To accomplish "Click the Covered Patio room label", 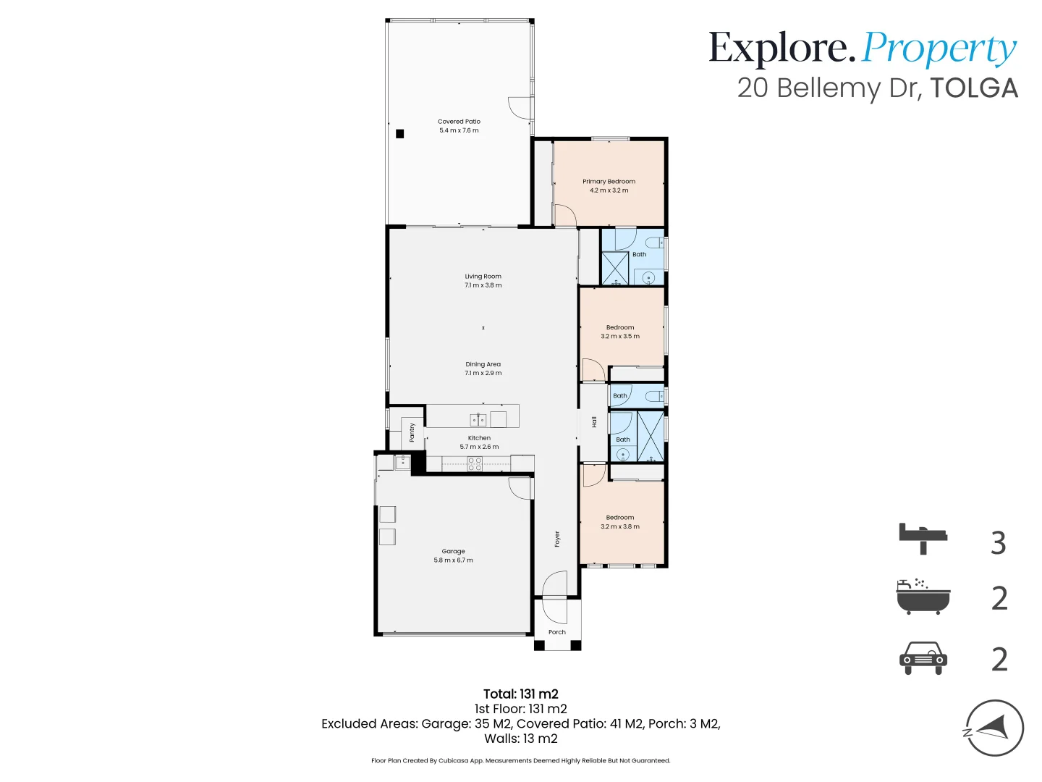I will click(x=459, y=122).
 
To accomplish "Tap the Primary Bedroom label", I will click(x=609, y=182).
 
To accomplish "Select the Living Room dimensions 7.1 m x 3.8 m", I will click(x=483, y=285).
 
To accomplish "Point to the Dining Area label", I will click(x=483, y=364).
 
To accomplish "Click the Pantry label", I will click(x=412, y=432).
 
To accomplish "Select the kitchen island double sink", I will click(x=478, y=419).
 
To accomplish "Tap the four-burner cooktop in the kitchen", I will click(x=475, y=464).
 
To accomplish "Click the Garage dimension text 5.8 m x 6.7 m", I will click(x=453, y=560).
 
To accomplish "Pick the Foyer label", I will click(x=557, y=539).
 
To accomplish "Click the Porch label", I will click(x=556, y=632).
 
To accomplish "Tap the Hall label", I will click(x=594, y=421).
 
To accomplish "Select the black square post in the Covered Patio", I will click(x=399, y=133).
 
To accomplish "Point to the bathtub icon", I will click(x=923, y=597).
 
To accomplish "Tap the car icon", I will click(x=923, y=658).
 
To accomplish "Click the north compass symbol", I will click(x=994, y=728).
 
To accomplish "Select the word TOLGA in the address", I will click(x=974, y=88).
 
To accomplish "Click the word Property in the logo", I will click(x=939, y=49).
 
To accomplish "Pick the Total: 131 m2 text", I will click(x=520, y=694).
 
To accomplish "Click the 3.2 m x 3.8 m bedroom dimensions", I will click(x=619, y=526).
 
